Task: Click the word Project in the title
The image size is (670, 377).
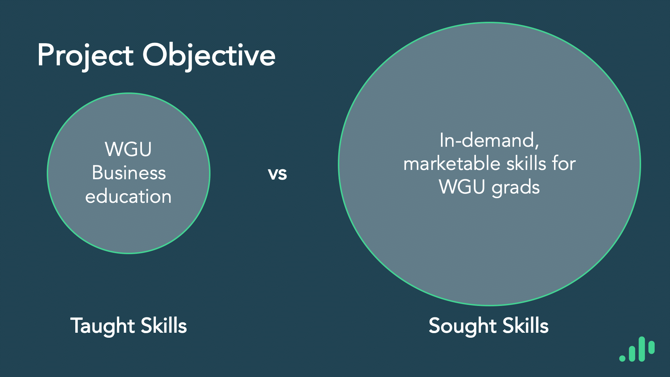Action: [86, 55]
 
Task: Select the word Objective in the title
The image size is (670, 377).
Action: [209, 55]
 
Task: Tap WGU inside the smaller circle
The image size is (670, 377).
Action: [128, 149]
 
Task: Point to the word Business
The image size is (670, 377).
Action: [129, 173]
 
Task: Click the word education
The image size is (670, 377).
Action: [128, 197]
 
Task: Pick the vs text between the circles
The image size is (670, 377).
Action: [278, 174]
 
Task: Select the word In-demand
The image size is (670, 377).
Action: [487, 140]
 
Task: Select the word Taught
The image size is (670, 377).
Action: [102, 326]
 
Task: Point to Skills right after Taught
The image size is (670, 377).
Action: [164, 326]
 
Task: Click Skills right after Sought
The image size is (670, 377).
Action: [526, 326]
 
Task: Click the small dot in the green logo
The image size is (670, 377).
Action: [622, 358]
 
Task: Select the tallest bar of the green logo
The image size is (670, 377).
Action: [642, 349]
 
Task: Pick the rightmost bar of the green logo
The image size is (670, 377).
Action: [651, 347]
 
